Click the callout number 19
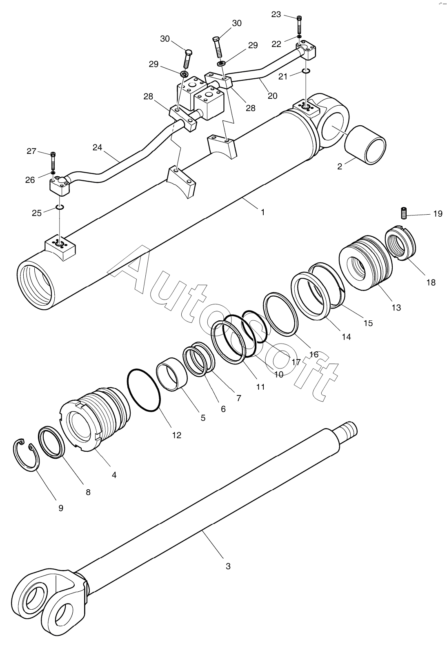pos(437,213)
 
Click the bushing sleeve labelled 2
pos(365,145)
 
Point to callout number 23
pos(276,15)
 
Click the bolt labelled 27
pos(53,161)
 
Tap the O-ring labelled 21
pos(306,72)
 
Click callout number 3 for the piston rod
pos(228,566)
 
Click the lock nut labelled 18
pos(400,245)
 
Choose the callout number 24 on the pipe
pos(97,147)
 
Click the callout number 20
pos(272,95)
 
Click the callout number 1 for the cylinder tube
pos(263,212)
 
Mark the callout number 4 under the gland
pos(114,475)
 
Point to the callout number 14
pos(346,337)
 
